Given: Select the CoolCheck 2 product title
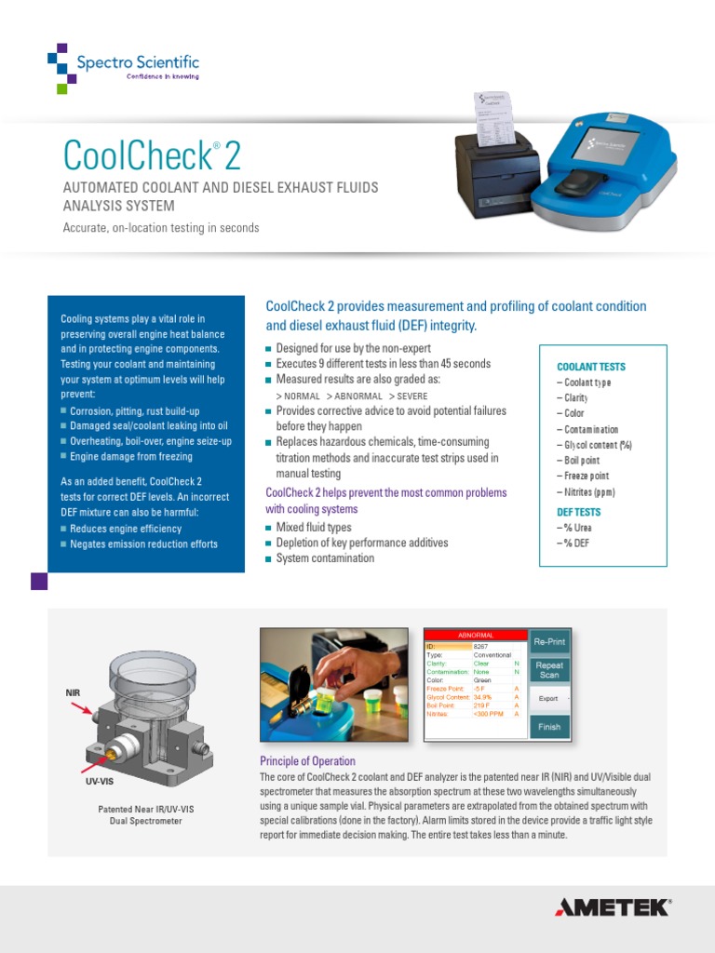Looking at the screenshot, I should tap(152, 154).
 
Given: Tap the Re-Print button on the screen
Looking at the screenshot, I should tap(549, 642).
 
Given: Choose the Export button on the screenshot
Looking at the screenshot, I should tap(549, 698).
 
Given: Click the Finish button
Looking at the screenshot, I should tap(549, 727).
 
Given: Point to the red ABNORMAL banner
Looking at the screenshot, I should tap(476, 635).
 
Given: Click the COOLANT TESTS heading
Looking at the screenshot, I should tap(590, 367).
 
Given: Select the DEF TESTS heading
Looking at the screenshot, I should tap(578, 512).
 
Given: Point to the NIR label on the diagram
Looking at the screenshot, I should tap(74, 693).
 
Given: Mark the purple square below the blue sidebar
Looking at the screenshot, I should tap(39, 582).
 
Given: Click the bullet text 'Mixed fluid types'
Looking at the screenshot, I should tap(314, 528).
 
